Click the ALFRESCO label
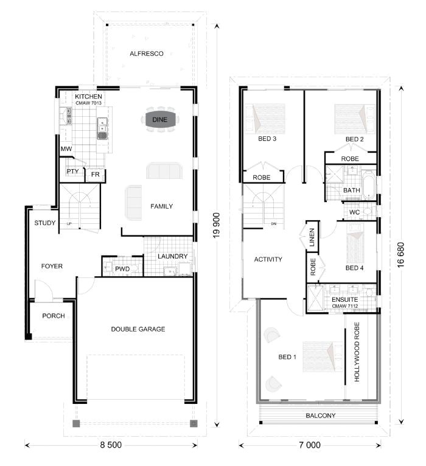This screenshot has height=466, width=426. click(x=147, y=54)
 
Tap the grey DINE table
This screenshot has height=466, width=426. click(x=160, y=119)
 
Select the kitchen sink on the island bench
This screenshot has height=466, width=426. click(x=102, y=128)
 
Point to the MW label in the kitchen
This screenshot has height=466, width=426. click(x=66, y=149)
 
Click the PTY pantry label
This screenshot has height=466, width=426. click(x=72, y=171)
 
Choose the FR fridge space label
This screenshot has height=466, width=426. click(x=95, y=175)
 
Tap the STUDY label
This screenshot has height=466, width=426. click(x=45, y=223)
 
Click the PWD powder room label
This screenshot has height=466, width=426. click(x=122, y=269)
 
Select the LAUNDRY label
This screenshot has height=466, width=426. click(x=172, y=256)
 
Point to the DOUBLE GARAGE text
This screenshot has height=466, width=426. click(x=138, y=329)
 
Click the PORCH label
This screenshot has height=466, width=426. click(x=54, y=316)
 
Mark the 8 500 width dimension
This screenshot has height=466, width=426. click(x=111, y=445)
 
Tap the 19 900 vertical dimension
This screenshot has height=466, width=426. click(x=217, y=225)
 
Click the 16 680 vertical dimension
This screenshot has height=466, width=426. click(x=400, y=255)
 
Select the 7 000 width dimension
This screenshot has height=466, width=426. click(x=310, y=445)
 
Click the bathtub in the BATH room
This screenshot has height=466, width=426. click(x=369, y=184)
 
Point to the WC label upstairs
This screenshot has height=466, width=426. click(x=354, y=212)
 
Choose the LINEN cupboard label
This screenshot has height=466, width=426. click(x=312, y=237)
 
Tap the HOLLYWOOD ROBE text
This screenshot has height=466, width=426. click(x=357, y=352)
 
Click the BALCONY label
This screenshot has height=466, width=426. click(x=321, y=416)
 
